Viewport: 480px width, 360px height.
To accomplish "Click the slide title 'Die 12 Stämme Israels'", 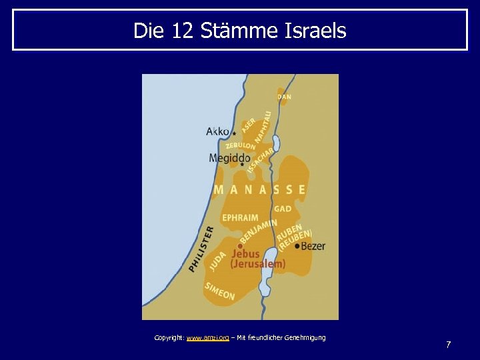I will tap(240, 31).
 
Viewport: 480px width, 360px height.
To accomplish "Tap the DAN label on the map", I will tap(284, 97).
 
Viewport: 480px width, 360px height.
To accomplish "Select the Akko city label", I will tap(217, 131).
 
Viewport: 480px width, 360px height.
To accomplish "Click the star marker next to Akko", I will tap(234, 133).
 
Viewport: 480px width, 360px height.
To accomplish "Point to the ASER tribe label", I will tap(248, 125).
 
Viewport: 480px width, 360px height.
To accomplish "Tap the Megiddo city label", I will tap(229, 158).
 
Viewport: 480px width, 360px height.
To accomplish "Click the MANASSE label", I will tap(259, 190).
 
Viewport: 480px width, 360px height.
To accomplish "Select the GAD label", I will tap(283, 209).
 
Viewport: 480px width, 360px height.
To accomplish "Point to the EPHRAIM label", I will tap(240, 217).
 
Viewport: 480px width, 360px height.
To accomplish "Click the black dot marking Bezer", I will tap(297, 246).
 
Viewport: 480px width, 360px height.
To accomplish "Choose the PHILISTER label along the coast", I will tap(201, 248).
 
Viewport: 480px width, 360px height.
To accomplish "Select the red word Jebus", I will tap(245, 253).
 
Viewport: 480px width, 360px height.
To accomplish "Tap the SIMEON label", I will tap(220, 291).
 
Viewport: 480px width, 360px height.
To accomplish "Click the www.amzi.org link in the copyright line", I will tap(207, 338).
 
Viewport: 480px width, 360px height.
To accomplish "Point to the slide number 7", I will tap(448, 345).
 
